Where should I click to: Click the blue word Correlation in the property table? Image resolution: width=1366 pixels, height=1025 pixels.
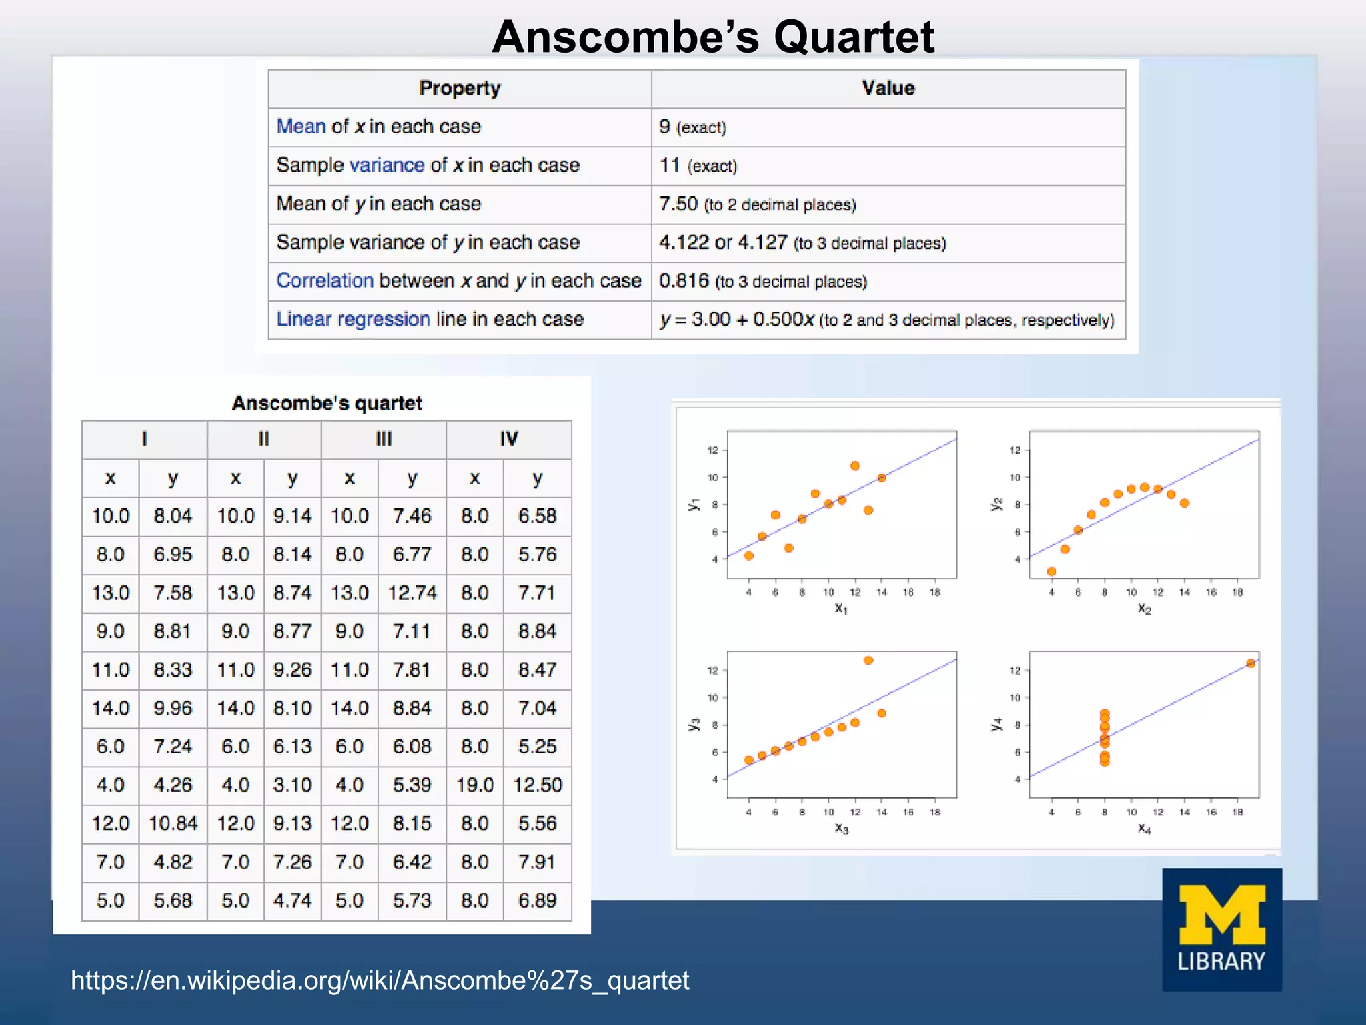click(325, 280)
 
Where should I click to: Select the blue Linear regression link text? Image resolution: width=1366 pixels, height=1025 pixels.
click(353, 319)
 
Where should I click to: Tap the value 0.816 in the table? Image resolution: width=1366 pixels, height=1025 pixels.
click(684, 281)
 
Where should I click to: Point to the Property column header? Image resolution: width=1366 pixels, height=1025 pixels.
click(460, 89)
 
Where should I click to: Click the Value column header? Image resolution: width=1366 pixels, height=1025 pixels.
click(888, 89)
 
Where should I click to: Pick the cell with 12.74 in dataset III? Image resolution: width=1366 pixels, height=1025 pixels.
click(412, 593)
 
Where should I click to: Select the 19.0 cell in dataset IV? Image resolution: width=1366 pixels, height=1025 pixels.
click(474, 785)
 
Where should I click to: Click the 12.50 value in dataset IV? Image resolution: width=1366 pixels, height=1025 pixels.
click(537, 785)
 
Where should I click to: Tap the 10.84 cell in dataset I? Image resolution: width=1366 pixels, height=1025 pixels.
click(173, 823)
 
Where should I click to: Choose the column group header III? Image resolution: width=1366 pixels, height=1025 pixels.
click(384, 439)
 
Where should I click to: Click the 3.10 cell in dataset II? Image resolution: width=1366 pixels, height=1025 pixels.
click(292, 785)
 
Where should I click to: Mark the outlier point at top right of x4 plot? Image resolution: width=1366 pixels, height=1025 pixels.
click(1251, 663)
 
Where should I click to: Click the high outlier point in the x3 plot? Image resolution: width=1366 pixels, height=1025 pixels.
click(868, 660)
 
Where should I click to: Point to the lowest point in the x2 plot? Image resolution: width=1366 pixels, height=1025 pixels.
click(1051, 571)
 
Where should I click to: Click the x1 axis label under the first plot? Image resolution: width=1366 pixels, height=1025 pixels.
click(841, 609)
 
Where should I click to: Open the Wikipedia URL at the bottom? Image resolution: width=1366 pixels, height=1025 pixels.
click(380, 980)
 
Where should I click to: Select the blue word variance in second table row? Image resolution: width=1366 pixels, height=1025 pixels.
click(387, 165)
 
